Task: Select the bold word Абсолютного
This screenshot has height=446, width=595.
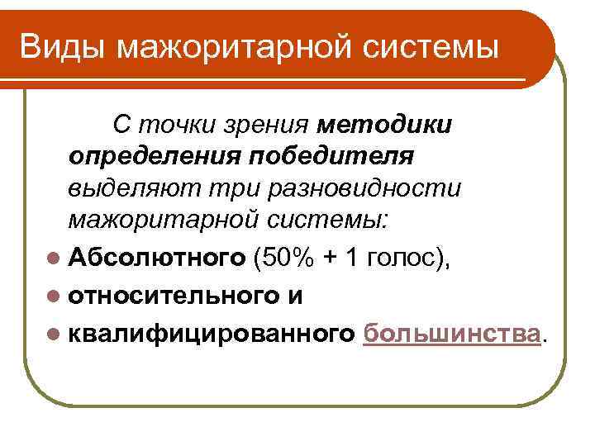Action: tap(158, 259)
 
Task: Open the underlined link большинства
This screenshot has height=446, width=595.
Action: tap(452, 331)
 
